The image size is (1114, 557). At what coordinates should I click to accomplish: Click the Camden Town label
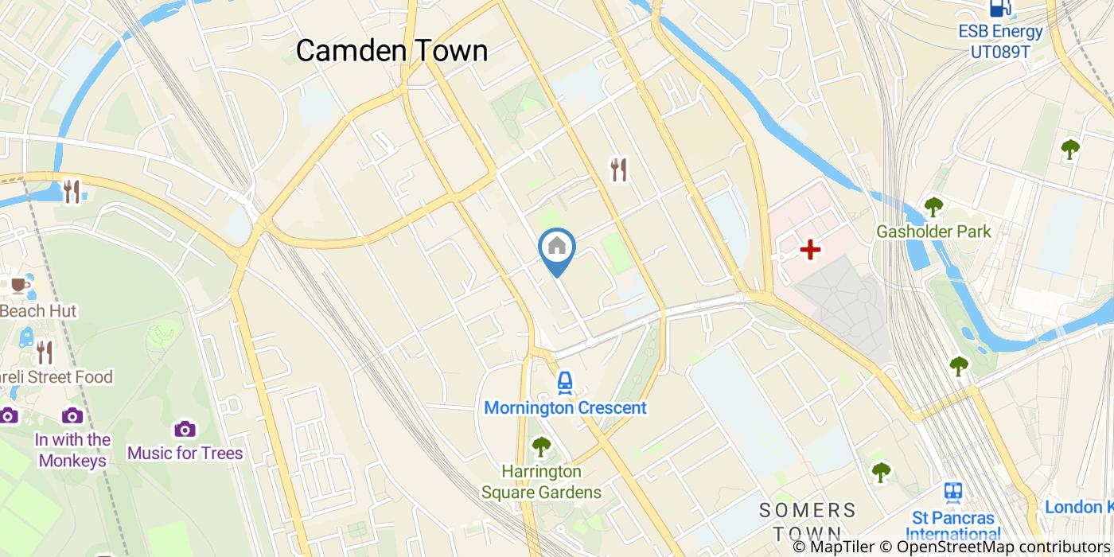391,50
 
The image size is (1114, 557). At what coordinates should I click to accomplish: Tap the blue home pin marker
557,247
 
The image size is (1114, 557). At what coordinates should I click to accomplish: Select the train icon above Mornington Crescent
565,383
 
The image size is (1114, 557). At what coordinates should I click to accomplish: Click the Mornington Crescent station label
565,408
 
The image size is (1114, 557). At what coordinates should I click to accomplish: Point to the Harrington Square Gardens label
541,482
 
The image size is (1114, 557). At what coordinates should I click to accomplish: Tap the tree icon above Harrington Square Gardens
541,446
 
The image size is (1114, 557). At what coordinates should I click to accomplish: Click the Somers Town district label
807,520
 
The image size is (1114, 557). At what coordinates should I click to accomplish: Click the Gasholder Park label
933,232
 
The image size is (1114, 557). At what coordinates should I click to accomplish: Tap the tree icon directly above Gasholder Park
933,207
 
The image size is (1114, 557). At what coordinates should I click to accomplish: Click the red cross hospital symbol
810,250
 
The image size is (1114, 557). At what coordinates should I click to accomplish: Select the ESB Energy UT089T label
1000,41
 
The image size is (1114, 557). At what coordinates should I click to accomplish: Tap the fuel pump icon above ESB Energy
1000,8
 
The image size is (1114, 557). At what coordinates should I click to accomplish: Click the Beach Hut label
38,311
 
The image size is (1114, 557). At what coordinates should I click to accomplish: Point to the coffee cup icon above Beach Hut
19,285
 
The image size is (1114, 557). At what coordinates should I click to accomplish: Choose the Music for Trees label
185,454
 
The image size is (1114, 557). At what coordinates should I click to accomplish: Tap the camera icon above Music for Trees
185,429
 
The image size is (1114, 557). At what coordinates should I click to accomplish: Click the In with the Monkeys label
72,450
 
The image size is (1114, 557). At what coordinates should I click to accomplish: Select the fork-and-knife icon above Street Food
45,352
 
